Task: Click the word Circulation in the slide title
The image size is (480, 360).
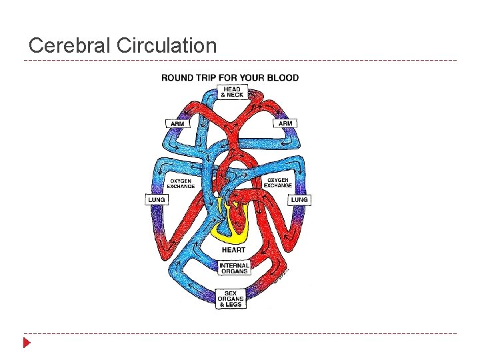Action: pos(166,46)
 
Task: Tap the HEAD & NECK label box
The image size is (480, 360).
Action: pos(232,92)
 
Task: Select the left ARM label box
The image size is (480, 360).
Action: pos(177,123)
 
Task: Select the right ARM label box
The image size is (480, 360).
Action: pos(285,123)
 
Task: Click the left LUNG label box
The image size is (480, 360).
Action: pos(156,200)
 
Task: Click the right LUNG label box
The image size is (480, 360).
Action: pos(299,200)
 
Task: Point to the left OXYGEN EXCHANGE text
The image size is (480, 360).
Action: pos(181,183)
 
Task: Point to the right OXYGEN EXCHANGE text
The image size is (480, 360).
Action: pos(278,183)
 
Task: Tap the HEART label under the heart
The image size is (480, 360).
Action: pos(233,250)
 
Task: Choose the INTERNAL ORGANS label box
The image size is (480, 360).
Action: pos(234,268)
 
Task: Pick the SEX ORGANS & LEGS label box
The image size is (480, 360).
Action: pos(231,299)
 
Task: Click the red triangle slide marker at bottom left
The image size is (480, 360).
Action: pos(27,343)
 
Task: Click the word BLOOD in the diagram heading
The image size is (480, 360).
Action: pos(283,77)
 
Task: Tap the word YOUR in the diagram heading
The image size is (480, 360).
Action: pos(252,77)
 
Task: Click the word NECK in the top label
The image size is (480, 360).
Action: pos(235,95)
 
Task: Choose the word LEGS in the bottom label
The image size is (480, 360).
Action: pos(235,305)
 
